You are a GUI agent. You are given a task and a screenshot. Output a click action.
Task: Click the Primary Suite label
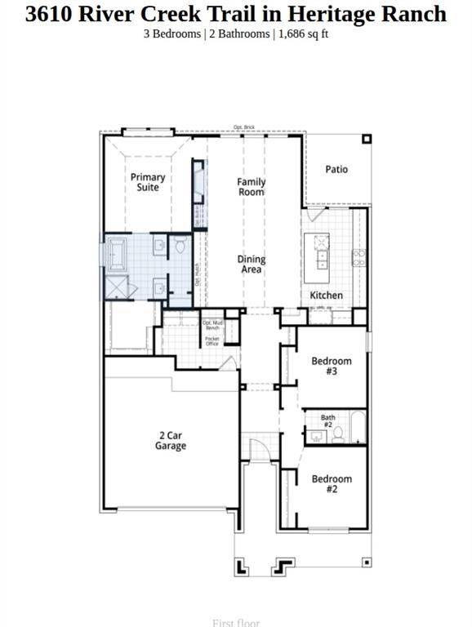[148, 182]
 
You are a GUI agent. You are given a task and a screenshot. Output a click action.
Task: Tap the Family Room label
[252, 187]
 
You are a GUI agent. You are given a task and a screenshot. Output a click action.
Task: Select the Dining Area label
[252, 264]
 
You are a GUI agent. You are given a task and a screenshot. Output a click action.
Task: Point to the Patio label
[336, 169]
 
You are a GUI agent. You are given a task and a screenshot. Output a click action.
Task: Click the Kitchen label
[326, 295]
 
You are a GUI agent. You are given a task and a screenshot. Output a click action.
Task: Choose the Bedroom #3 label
[332, 366]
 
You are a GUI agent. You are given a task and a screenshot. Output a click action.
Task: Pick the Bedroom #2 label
[332, 484]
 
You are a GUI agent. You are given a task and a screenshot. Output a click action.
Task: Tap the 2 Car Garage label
[171, 441]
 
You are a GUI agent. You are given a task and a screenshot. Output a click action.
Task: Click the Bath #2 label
[327, 421]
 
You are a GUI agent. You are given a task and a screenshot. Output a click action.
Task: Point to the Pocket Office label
[212, 341]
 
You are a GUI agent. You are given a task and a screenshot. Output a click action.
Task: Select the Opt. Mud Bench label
[212, 325]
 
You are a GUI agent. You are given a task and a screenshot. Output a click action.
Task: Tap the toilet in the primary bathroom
[180, 244]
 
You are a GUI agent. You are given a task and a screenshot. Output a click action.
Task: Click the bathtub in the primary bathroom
[116, 251]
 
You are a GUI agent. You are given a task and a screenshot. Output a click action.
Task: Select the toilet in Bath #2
[337, 434]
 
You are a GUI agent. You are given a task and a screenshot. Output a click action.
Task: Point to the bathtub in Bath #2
[357, 427]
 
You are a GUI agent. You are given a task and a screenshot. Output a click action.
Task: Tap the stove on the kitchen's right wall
[358, 258]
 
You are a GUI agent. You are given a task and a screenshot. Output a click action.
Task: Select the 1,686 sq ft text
[304, 33]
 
